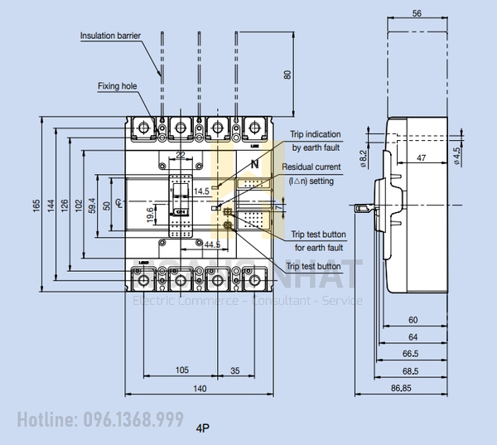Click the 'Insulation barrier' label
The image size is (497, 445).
pos(110,36)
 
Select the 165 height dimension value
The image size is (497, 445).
pos(36,204)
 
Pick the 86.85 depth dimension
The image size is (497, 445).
pos(403,388)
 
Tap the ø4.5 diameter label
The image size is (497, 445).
pos(457,156)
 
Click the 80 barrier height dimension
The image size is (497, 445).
pos(287,75)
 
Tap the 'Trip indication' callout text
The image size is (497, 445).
pos(316,133)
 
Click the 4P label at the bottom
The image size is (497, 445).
pos(204,428)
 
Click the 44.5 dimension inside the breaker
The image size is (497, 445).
pos(212,244)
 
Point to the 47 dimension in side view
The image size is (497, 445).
pos(421,157)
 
